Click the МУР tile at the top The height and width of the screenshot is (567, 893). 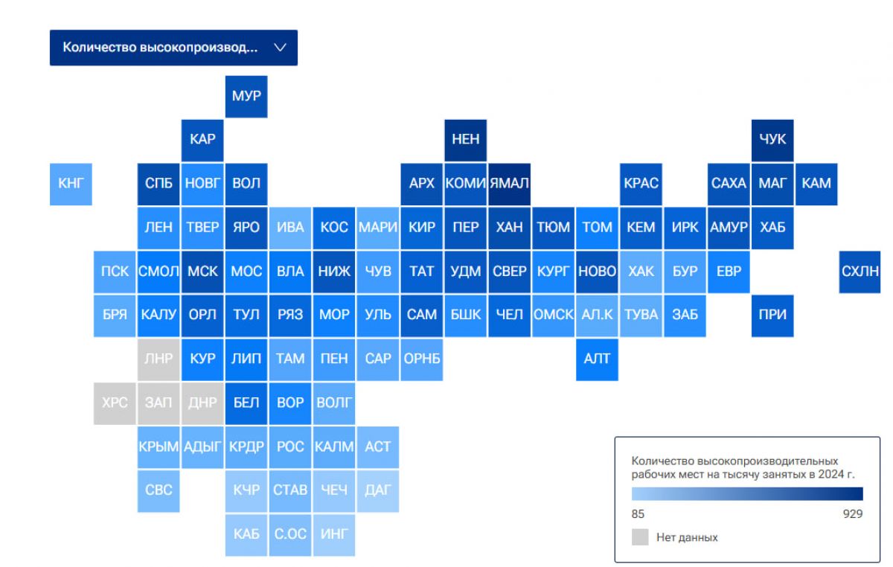[x=246, y=97]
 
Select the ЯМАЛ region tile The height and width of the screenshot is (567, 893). [x=510, y=185]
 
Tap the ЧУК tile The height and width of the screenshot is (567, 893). [x=772, y=141]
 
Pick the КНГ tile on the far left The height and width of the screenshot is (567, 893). [x=71, y=185]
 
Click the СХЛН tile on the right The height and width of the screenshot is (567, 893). [x=860, y=272]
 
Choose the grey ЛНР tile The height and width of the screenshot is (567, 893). [x=159, y=359]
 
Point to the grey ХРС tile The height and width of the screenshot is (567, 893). [x=115, y=403]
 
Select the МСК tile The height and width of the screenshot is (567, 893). [x=202, y=272]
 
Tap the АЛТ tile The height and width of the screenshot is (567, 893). [x=597, y=359]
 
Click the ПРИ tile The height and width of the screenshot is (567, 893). [x=772, y=315]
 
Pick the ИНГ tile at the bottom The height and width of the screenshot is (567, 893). [x=334, y=535]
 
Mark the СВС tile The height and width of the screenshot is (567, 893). [x=159, y=491]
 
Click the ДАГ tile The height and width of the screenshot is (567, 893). [x=378, y=491]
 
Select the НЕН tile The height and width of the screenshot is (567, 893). [x=466, y=141]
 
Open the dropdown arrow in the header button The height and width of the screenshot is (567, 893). [x=281, y=48]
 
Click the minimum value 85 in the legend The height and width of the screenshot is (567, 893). [x=638, y=514]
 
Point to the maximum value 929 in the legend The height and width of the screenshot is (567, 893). [x=853, y=514]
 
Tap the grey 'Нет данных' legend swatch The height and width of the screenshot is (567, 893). [x=640, y=537]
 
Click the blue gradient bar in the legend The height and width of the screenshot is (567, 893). [x=747, y=493]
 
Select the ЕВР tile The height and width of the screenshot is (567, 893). [x=729, y=272]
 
